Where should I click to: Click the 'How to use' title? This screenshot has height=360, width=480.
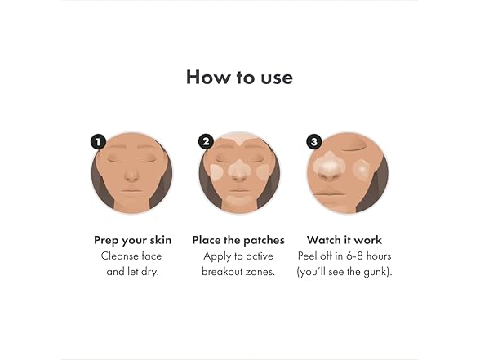point(239,77)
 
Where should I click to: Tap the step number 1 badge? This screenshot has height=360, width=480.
point(98,142)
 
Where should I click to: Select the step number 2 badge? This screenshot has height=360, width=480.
point(206,142)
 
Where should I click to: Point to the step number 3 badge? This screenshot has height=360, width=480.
point(314,142)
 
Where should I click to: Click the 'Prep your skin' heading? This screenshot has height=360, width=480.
point(132,241)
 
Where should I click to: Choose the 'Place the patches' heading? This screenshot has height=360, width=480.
point(238,240)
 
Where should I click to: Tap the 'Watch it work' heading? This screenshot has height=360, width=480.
point(344,240)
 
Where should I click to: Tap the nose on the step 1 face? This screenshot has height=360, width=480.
point(131,176)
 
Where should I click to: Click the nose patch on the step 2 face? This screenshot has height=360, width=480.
point(239,170)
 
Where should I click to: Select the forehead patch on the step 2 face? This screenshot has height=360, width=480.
point(239,138)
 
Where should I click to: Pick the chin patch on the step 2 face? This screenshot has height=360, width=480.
point(239,199)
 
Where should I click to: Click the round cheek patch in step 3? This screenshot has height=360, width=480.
point(362,170)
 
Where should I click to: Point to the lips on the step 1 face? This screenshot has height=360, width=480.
point(131,193)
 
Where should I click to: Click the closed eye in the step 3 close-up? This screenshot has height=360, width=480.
point(353,149)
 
